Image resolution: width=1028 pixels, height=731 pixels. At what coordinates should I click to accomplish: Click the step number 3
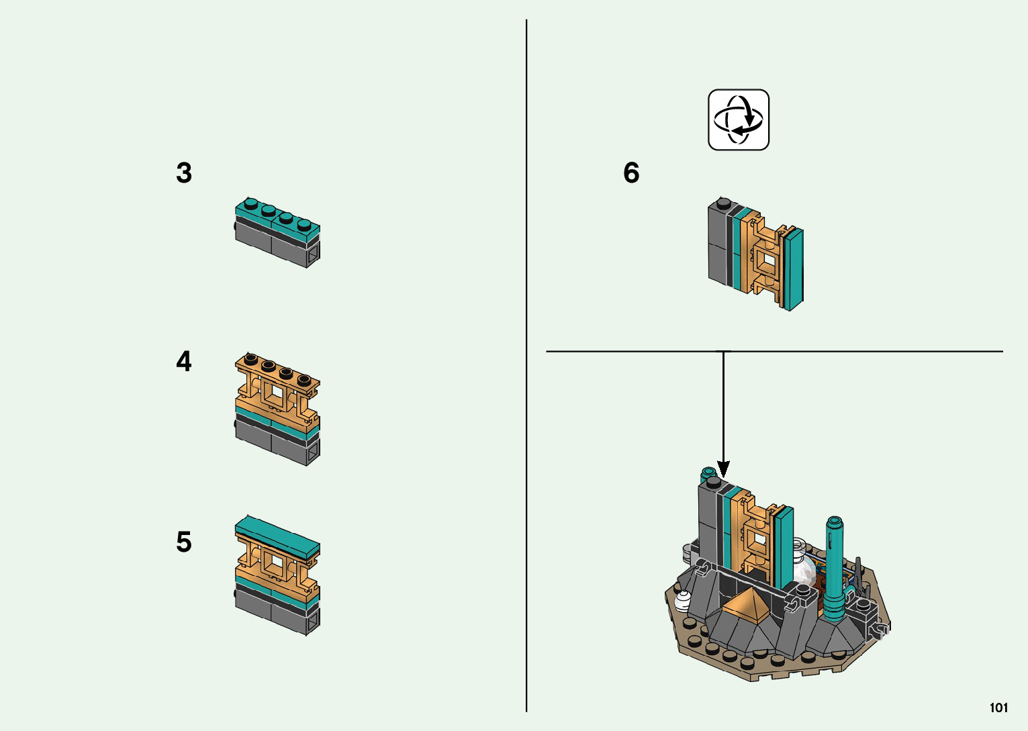[184, 173]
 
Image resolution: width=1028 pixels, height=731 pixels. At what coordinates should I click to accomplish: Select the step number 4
[184, 362]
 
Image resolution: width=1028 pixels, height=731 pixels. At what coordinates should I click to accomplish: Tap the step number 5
[184, 542]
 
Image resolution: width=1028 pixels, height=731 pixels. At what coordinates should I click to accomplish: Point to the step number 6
[631, 173]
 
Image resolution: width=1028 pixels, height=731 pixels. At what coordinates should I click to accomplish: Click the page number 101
[998, 708]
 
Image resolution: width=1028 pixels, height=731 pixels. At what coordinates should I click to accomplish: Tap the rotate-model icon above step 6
[739, 120]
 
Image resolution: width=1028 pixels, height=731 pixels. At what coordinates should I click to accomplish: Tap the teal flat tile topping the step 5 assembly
[277, 533]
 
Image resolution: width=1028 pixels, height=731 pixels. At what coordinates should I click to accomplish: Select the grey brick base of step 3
[272, 243]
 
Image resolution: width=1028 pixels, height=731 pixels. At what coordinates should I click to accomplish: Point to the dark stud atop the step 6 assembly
[723, 202]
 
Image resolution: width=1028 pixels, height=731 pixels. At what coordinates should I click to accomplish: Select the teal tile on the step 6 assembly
[794, 269]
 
